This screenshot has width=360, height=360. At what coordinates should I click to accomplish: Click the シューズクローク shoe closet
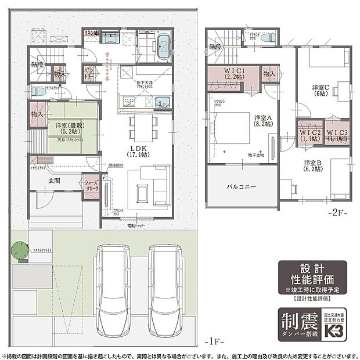pyautogui.click(x=92, y=187)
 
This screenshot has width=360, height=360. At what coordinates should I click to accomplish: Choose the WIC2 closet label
pyautogui.click(x=309, y=135)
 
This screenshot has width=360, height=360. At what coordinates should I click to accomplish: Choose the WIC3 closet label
pyautogui.click(x=337, y=135)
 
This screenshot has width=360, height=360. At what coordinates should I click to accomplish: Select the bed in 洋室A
pyautogui.click(x=231, y=130)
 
